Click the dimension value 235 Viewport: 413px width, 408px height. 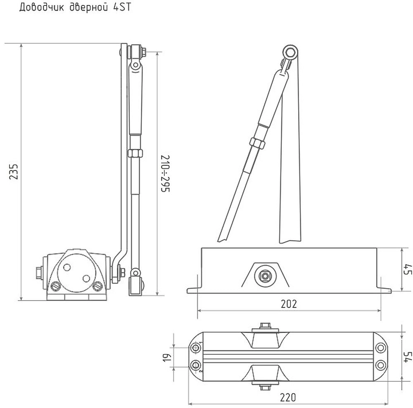point(14,172)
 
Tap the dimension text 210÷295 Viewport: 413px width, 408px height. point(166,174)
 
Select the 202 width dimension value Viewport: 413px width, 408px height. point(289,304)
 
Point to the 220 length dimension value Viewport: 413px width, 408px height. point(288,397)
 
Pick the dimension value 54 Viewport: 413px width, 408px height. point(408,357)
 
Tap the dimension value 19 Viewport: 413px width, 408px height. point(168,358)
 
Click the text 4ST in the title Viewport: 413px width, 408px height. point(122,7)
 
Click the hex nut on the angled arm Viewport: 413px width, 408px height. point(257,144)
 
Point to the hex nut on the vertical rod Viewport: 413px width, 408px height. point(135,153)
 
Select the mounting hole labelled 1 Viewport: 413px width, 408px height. point(196,348)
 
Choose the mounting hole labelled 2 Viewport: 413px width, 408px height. point(196,365)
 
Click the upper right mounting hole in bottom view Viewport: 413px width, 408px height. point(381,348)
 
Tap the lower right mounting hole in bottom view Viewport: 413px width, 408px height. point(381,365)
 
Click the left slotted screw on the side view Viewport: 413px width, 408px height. point(56,286)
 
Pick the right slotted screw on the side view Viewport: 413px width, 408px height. point(97,286)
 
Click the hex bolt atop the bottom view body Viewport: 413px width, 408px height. point(265,325)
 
